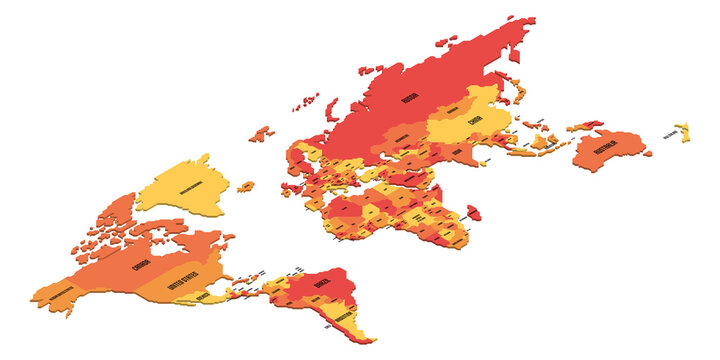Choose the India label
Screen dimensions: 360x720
point(457,152)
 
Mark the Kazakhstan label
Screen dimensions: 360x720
point(404,138)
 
